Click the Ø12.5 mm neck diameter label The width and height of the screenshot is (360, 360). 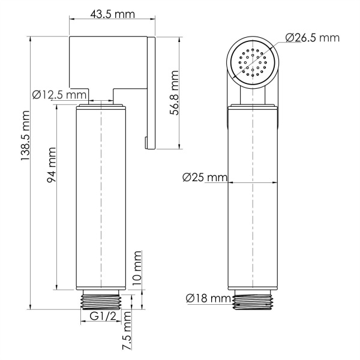[x=59, y=95]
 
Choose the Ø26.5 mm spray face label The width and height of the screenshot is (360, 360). [x=312, y=38]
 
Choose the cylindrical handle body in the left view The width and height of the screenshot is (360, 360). [x=102, y=198]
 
